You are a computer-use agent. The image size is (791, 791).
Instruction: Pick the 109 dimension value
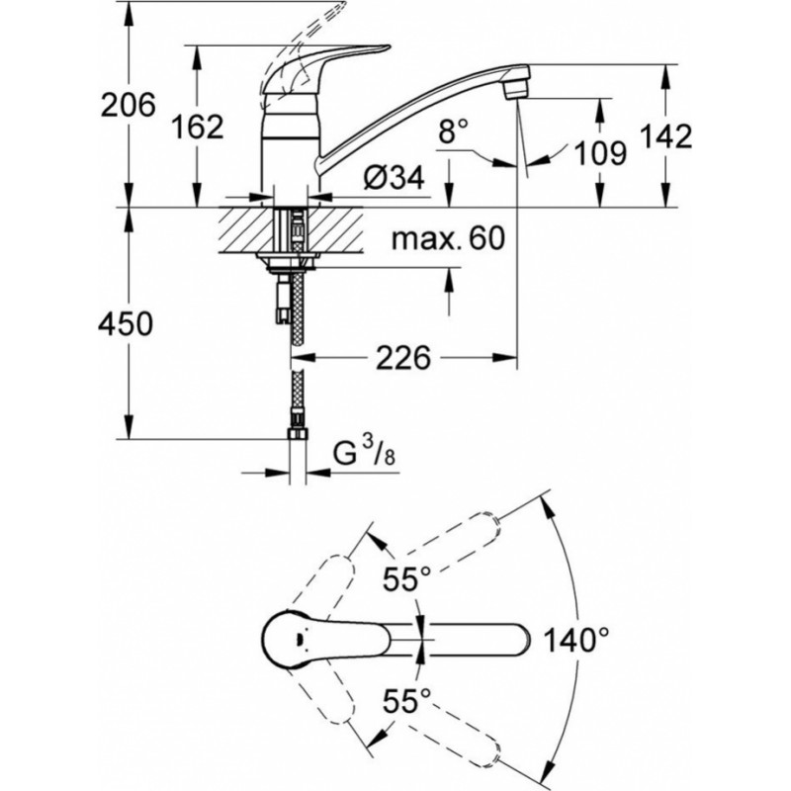[600, 151]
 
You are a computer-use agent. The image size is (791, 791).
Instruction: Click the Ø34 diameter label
[394, 178]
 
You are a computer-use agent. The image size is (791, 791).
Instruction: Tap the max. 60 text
[448, 238]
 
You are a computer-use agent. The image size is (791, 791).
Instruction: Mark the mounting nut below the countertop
[288, 262]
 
